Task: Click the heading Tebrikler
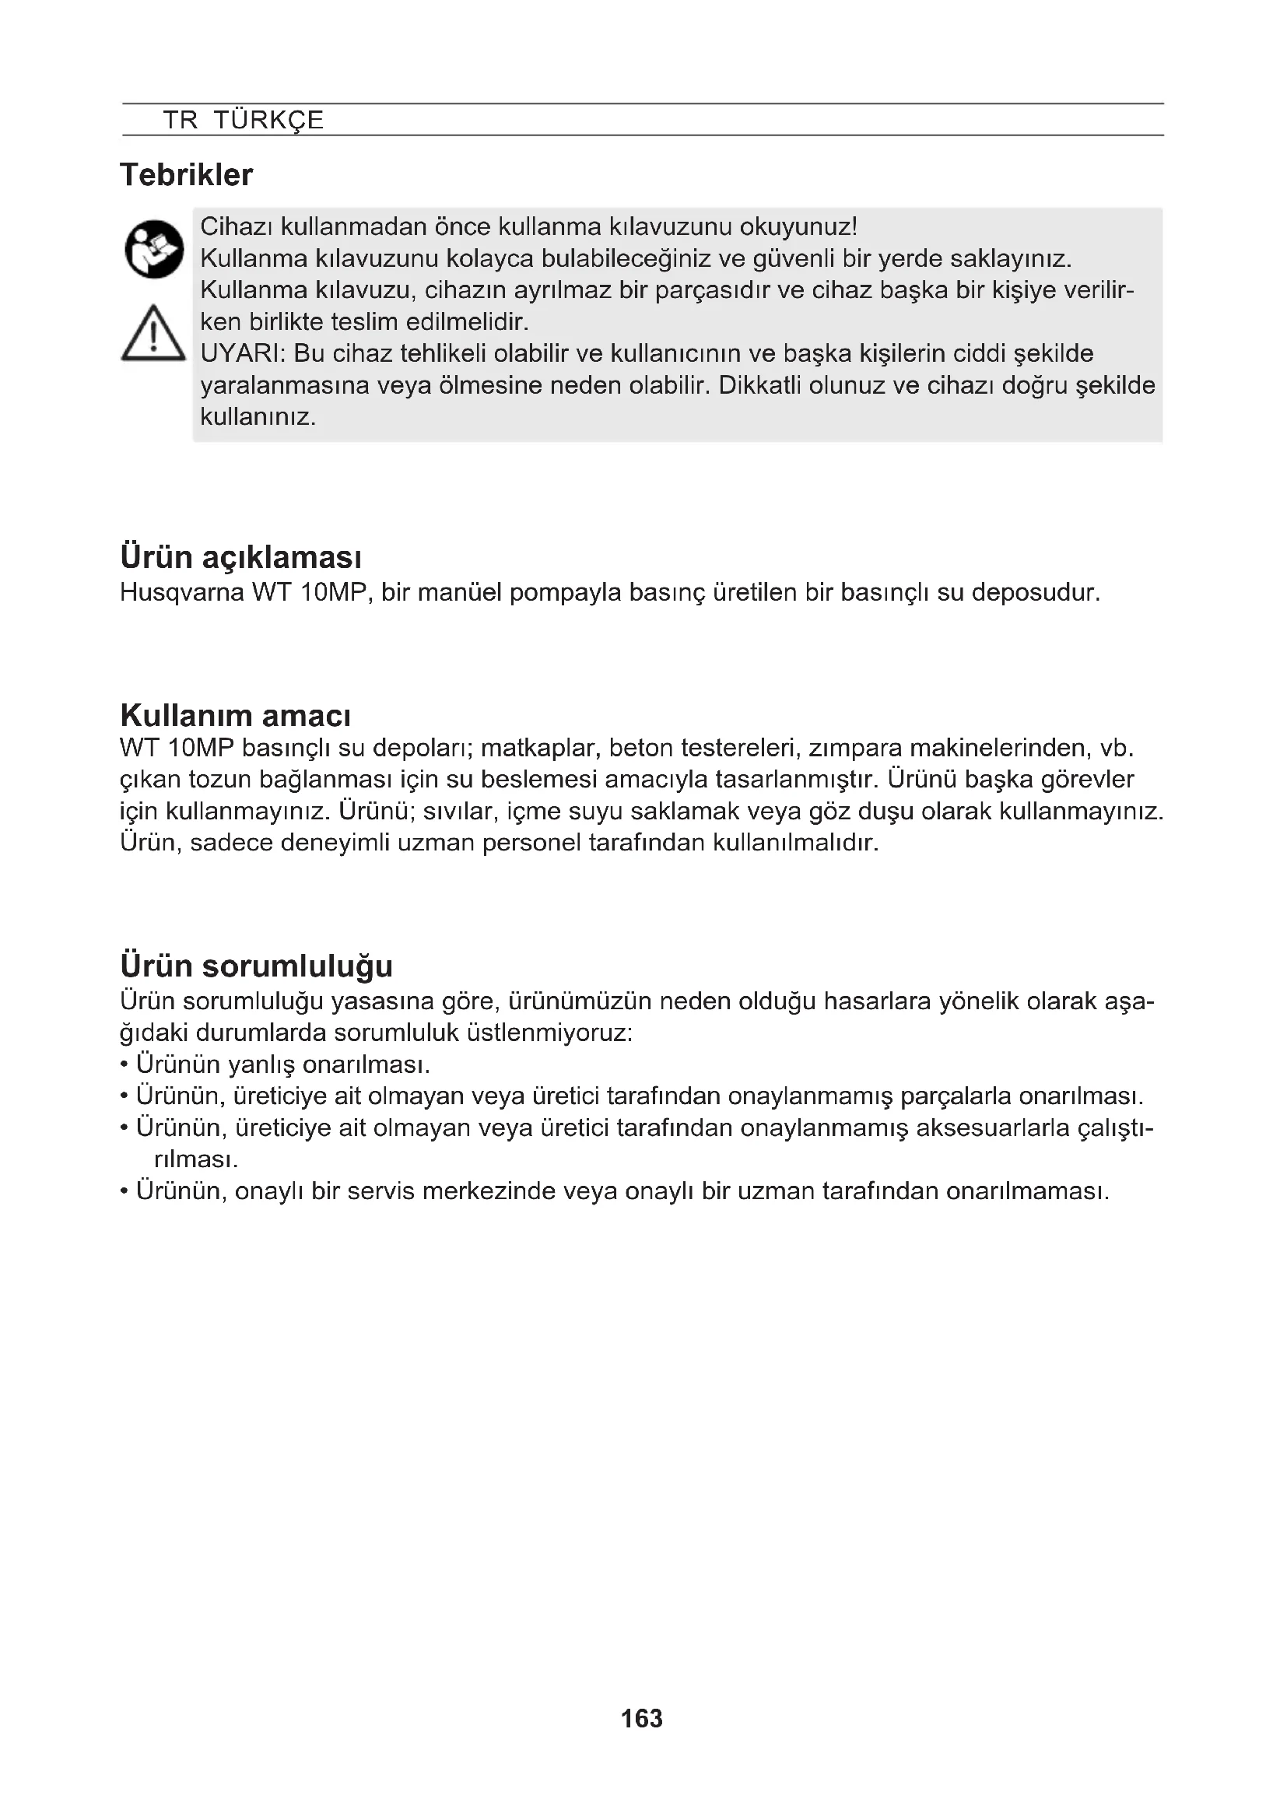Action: pyautogui.click(x=186, y=175)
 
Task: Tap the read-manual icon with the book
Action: pyautogui.click(x=154, y=249)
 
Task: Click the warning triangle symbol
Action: pyautogui.click(x=153, y=335)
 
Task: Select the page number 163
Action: pyautogui.click(x=642, y=1719)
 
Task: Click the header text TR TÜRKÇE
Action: pyautogui.click(x=244, y=121)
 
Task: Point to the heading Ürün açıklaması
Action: pyautogui.click(x=241, y=558)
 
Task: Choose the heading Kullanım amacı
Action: pyautogui.click(x=235, y=716)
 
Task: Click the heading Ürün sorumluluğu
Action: pyautogui.click(x=256, y=966)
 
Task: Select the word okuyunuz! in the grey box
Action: pyautogui.click(x=798, y=227)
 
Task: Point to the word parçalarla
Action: pyautogui.click(x=956, y=1096)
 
